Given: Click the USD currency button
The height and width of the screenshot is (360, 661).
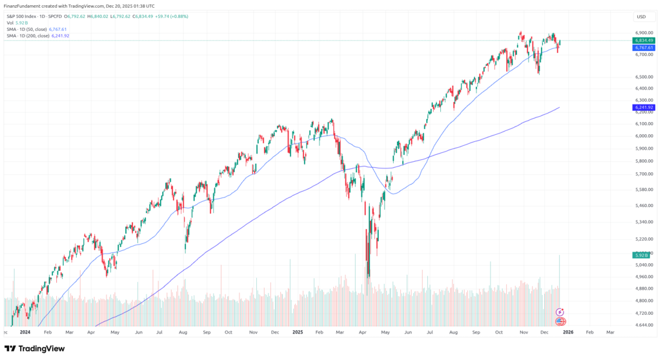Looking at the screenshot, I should (641, 17).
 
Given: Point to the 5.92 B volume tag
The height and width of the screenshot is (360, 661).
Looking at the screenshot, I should (640, 256).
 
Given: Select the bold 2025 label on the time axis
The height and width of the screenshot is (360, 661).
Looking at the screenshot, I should (298, 332).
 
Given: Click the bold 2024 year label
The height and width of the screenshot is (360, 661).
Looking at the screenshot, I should (25, 332).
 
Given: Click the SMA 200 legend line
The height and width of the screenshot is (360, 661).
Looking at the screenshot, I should (37, 35).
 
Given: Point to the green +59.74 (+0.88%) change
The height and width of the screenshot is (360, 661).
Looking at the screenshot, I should (170, 16).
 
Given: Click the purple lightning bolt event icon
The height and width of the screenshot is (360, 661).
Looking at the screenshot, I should (560, 312).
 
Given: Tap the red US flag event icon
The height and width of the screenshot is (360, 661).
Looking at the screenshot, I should (560, 321).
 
